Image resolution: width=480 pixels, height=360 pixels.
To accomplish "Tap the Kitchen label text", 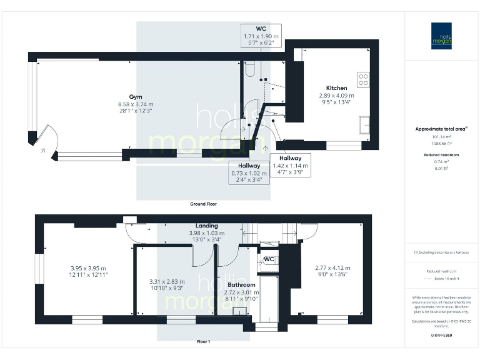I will coord(336,88).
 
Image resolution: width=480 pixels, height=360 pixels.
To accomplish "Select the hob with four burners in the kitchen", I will coord(363,79).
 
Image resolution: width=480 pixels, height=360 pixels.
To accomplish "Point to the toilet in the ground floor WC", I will coord(249,69).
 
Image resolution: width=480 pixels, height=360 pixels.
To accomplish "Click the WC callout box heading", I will coord(261,29).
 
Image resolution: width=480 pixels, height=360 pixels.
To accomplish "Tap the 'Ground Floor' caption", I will coord(203,204).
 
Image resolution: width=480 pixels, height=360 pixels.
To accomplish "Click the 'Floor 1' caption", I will coord(203,342).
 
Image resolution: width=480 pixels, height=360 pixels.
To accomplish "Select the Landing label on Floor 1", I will coord(207,226).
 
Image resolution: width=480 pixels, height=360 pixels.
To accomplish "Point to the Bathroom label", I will coord(241,284).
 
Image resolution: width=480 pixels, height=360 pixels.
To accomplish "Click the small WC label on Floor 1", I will coord(269,259).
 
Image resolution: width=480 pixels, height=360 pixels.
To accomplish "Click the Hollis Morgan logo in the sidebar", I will coord(441,36).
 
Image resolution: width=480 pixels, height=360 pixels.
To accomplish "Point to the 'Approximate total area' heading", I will coord(441,129).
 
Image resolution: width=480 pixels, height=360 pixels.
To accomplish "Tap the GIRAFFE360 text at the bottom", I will coord(441,336).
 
